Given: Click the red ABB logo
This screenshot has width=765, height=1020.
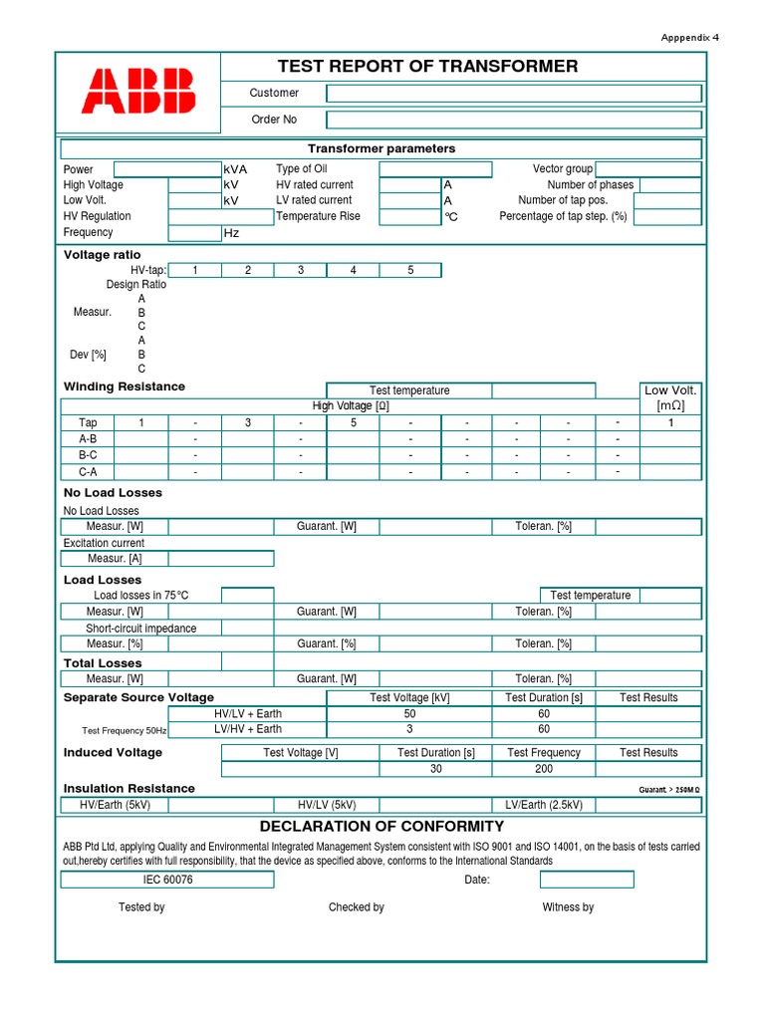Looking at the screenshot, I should coord(138,91).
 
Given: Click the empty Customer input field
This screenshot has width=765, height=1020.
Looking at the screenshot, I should coord(513,94).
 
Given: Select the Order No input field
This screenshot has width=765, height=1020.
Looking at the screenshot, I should coord(513,120).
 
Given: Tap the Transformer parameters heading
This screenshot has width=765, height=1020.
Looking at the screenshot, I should coord(382,148).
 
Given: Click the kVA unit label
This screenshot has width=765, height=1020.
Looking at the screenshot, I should coord(236,169).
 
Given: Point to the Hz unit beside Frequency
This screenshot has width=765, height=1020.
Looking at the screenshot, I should coord(231,233).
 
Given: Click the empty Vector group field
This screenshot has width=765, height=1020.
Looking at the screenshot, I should coord(647,169).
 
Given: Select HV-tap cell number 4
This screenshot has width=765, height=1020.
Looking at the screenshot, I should coord(353,270).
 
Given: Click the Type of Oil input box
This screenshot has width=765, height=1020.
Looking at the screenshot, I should coord(435,169).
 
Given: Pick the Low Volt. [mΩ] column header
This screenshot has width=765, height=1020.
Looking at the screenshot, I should coord(670,397).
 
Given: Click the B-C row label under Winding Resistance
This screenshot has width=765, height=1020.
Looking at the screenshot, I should coord(88,455).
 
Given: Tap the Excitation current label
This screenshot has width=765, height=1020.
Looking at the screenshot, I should coord(104,543).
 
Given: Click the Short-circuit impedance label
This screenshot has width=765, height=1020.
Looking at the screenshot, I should coord(140,629).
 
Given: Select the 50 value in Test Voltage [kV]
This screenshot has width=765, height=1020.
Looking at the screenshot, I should coord(409,714).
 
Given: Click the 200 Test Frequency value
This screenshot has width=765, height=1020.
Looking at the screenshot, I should coord(545,769).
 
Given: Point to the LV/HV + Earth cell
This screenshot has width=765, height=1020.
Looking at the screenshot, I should coord(247,730).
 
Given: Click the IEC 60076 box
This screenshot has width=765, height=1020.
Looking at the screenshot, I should coord(168,880).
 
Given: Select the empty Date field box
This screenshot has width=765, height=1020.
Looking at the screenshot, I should coord(587,880).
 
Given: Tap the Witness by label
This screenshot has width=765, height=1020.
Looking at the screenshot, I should coord(568,907).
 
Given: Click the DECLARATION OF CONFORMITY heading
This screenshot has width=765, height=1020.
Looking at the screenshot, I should coord(382,827).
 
